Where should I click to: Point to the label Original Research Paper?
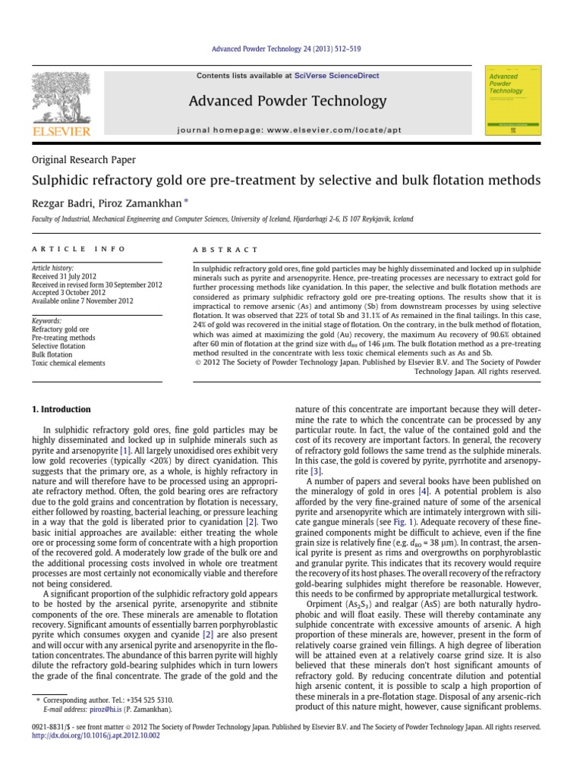click(84, 159)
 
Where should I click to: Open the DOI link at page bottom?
click(85, 735)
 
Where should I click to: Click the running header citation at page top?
click(291, 49)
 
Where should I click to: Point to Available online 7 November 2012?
click(82, 300)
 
